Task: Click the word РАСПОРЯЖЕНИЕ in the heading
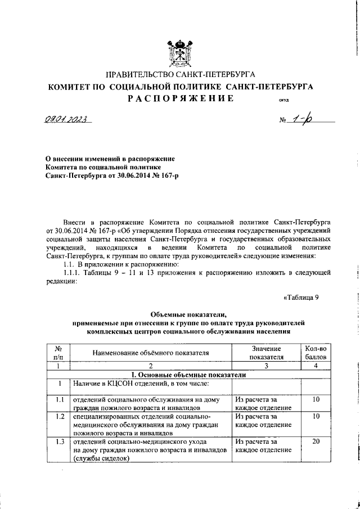click(180, 98)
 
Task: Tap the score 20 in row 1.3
click(316, 442)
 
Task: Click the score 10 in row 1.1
click(316, 399)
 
